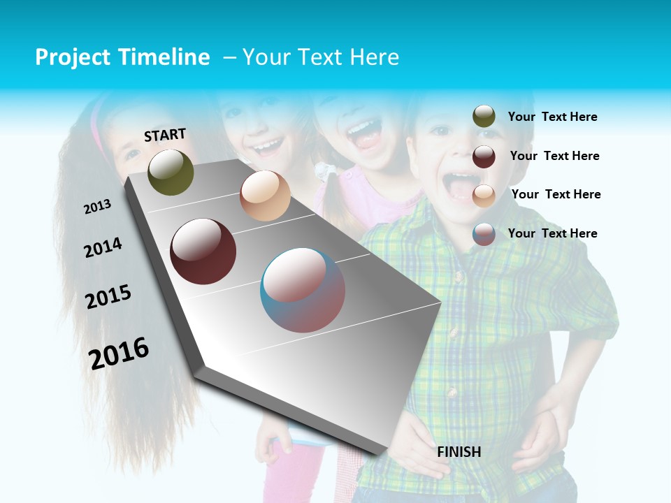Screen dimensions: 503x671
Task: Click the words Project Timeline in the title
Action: [122, 57]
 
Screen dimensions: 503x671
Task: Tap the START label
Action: [165, 135]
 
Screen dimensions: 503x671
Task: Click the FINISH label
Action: [459, 452]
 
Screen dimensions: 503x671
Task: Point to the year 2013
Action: [98, 206]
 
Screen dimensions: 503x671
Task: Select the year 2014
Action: [103, 247]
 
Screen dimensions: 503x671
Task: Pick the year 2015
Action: [108, 296]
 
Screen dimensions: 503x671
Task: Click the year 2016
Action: [119, 353]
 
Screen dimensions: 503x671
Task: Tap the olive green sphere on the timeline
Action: [171, 172]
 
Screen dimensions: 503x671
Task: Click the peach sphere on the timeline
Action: [265, 196]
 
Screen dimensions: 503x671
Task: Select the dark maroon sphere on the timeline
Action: [203, 251]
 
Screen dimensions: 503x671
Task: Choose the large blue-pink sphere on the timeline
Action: [303, 290]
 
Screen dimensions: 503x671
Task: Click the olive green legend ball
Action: [484, 117]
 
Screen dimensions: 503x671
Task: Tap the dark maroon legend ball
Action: [484, 156]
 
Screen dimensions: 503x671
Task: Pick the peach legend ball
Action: [484, 195]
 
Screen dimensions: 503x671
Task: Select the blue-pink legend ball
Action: [484, 234]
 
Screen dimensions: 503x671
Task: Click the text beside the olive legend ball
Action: [552, 117]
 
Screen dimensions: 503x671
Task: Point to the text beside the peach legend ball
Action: [556, 194]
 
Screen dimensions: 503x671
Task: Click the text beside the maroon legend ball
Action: [554, 156]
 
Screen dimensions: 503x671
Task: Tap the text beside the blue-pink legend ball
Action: [552, 233]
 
